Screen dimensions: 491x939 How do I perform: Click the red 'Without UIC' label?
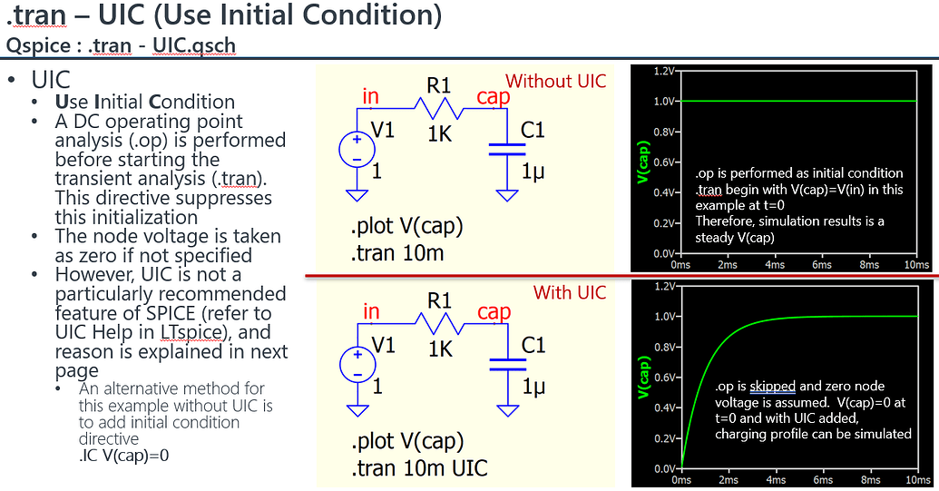tap(555, 81)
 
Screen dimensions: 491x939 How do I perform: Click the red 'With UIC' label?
tap(569, 292)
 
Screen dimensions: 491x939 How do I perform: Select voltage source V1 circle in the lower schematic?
tap(356, 364)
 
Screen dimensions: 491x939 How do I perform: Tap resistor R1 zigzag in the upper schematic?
tap(439, 109)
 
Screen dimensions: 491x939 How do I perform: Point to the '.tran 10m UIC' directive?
tap(418, 468)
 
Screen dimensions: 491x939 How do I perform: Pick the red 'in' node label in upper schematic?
tap(370, 96)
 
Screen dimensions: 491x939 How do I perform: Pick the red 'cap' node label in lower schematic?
tap(494, 311)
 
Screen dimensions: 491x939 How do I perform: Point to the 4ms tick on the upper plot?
tap(776, 264)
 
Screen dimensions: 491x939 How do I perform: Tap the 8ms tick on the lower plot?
tap(871, 479)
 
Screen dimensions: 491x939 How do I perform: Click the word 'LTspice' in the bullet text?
tap(191, 333)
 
